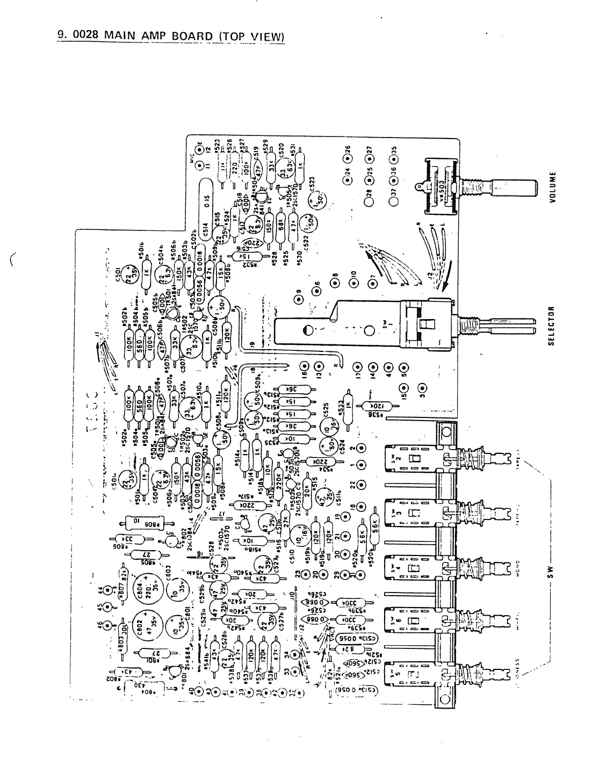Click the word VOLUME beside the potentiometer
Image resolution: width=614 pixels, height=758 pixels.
[552, 187]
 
